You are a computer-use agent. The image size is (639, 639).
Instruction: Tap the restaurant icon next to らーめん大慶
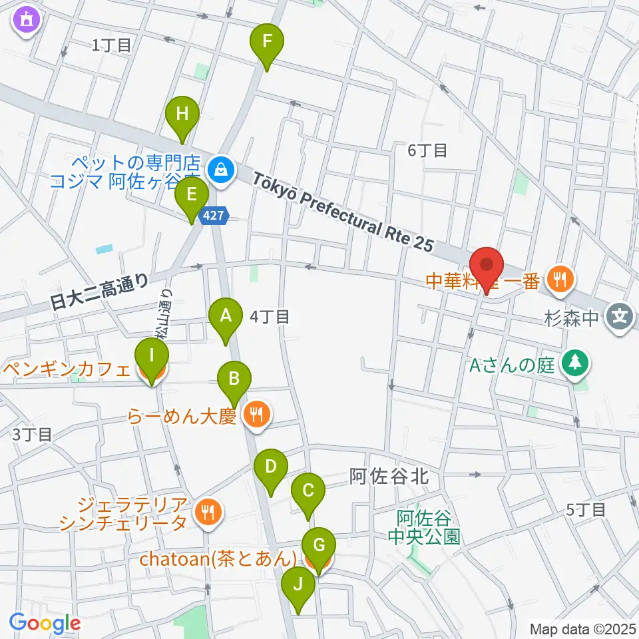click(x=255, y=416)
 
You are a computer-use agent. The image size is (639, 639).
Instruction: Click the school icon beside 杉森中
click(x=620, y=314)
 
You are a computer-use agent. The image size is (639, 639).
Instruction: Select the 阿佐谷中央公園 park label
click(x=424, y=527)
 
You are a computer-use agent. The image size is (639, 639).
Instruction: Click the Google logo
click(x=45, y=624)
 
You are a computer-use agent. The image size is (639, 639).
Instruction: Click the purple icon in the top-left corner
click(x=26, y=21)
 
